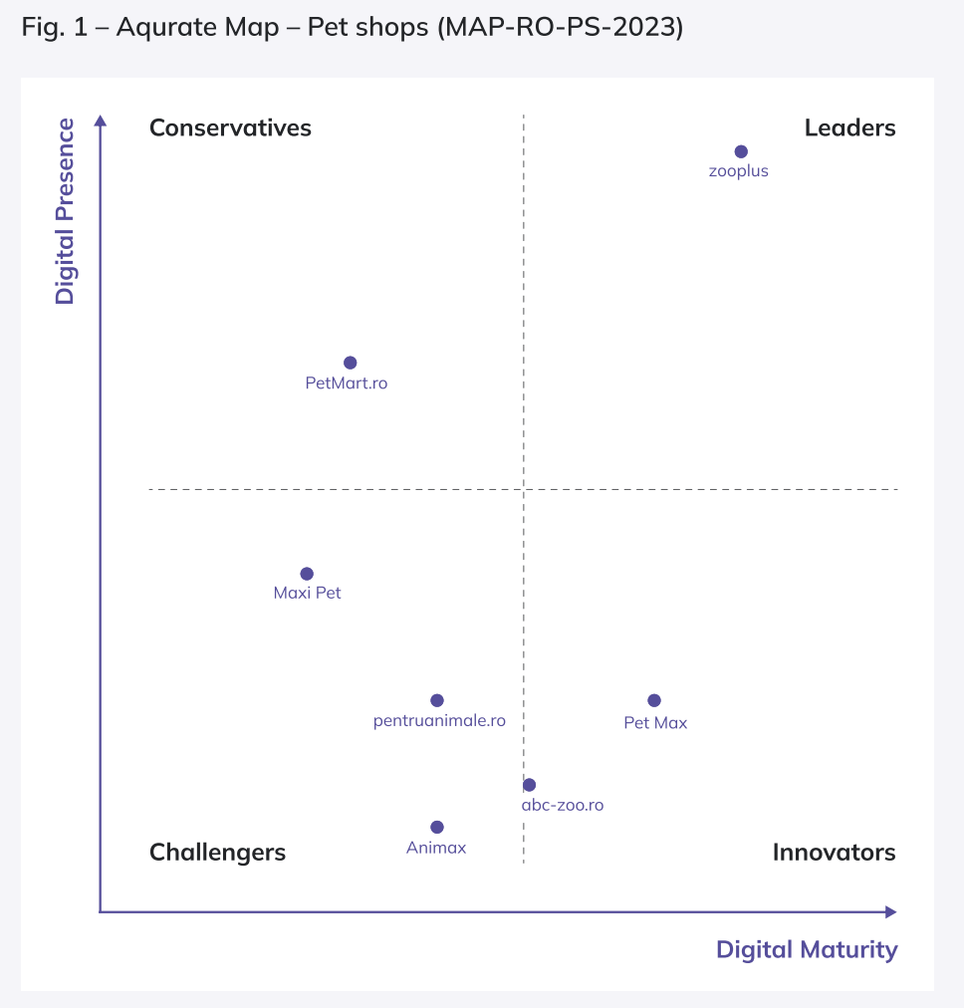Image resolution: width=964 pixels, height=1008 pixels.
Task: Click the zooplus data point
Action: tap(741, 151)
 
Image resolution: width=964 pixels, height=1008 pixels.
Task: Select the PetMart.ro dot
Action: tap(350, 363)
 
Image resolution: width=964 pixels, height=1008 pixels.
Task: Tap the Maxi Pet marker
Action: tap(307, 574)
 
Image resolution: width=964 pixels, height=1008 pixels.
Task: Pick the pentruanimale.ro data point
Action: tap(436, 700)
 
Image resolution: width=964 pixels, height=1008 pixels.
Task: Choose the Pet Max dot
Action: tap(654, 700)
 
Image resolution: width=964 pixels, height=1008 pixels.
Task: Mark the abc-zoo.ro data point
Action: tap(529, 785)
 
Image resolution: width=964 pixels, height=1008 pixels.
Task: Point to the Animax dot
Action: tap(436, 827)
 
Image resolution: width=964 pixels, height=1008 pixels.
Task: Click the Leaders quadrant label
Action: tap(849, 127)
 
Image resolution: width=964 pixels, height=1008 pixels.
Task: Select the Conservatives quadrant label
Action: tap(230, 127)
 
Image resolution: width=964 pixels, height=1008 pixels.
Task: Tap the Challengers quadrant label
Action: tap(217, 852)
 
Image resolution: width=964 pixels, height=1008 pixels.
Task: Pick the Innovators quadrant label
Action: tap(834, 852)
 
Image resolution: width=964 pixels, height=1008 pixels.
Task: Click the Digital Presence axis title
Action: tap(65, 211)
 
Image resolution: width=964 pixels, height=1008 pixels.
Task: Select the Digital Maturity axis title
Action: tap(807, 949)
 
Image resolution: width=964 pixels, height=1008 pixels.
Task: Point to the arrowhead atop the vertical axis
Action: tap(100, 121)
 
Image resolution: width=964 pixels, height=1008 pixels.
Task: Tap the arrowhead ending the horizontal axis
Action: tap(890, 911)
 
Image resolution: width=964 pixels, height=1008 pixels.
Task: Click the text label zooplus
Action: tap(739, 171)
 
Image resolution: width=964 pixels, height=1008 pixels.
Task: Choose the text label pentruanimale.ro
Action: tap(439, 720)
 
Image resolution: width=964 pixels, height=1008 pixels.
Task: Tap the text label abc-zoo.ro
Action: tap(563, 805)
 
